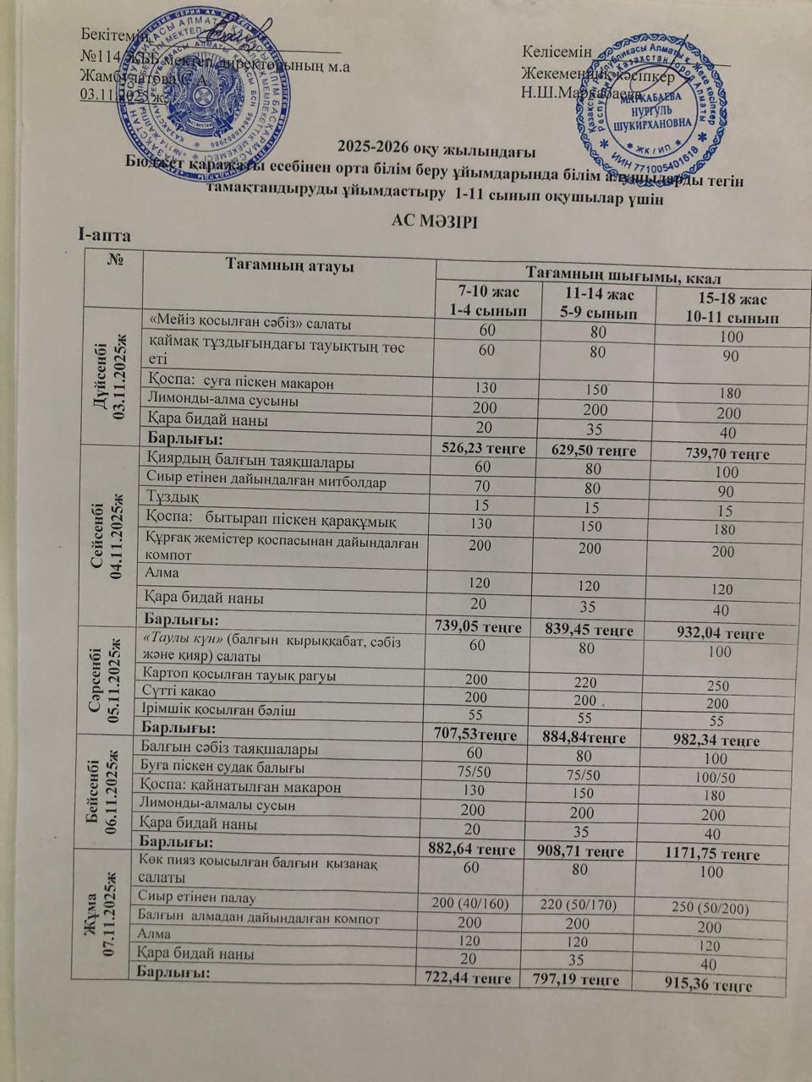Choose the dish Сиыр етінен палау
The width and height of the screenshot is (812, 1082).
(196, 898)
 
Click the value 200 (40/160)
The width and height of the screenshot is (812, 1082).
(470, 904)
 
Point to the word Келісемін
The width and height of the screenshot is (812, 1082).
(557, 52)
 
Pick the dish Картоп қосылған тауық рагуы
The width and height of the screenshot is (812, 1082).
(239, 675)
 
